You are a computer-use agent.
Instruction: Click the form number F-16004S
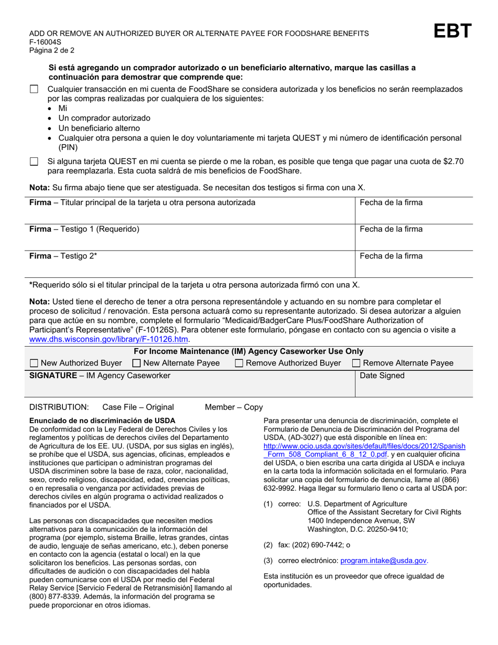[x=45, y=42]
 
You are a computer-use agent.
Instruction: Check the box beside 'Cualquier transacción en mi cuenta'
[x=34, y=90]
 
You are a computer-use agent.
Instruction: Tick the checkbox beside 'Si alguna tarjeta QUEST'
[x=34, y=162]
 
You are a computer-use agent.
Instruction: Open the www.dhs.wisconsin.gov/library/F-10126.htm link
[x=108, y=339]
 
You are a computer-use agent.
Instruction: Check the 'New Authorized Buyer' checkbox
[x=34, y=363]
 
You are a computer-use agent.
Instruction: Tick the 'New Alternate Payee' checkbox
[x=137, y=363]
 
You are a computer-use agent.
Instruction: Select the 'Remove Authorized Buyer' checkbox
[x=239, y=363]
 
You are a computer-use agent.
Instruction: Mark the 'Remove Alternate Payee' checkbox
[x=356, y=363]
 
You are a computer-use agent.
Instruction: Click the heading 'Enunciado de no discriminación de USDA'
[x=102, y=420]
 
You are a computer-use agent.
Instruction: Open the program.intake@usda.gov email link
[x=384, y=561]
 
